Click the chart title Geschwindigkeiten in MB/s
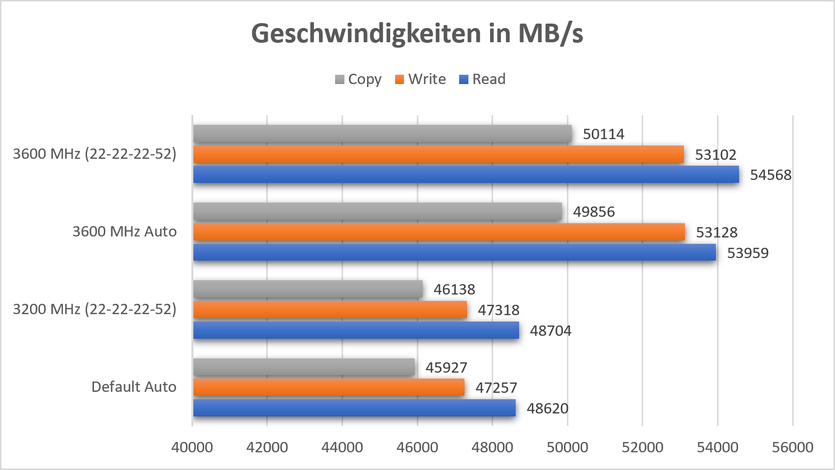(x=417, y=34)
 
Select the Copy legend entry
(x=358, y=79)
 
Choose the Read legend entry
(x=482, y=79)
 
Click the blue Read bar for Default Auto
(x=354, y=408)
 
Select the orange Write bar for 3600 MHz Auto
(x=439, y=232)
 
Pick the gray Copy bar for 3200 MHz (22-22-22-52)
(x=308, y=289)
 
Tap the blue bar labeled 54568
(x=466, y=175)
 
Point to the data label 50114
(x=603, y=134)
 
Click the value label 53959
(x=747, y=253)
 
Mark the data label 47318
(x=498, y=310)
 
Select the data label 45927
(x=446, y=368)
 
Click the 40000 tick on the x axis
(x=192, y=447)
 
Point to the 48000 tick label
(x=492, y=447)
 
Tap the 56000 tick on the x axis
(x=792, y=447)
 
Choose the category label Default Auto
(x=134, y=387)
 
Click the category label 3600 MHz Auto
(x=124, y=232)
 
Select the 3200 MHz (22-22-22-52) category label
(x=94, y=309)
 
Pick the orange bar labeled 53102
(x=438, y=154)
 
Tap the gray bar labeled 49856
(x=377, y=211)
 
